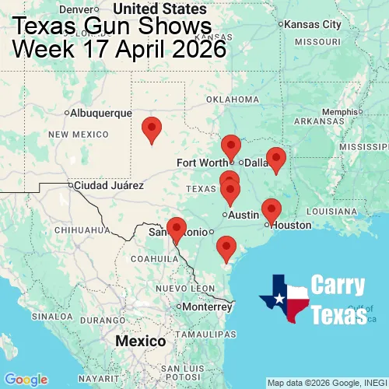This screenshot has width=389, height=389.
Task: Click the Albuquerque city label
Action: pyautogui.click(x=101, y=113)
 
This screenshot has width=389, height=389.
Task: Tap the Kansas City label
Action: pyautogui.click(x=312, y=24)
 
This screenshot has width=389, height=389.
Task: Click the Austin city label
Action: pyautogui.click(x=244, y=215)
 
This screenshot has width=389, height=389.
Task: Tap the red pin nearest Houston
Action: pyautogui.click(x=271, y=210)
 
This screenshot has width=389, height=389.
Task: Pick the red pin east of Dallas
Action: pyautogui.click(x=275, y=159)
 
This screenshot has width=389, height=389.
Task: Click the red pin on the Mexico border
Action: pyautogui.click(x=177, y=230)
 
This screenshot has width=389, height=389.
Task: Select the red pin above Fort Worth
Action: pyautogui.click(x=230, y=146)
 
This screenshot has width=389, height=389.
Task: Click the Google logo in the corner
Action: pyautogui.click(x=25, y=380)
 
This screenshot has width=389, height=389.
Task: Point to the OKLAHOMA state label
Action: pyautogui.click(x=233, y=100)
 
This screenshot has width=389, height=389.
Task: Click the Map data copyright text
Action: pyautogui.click(x=327, y=383)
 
